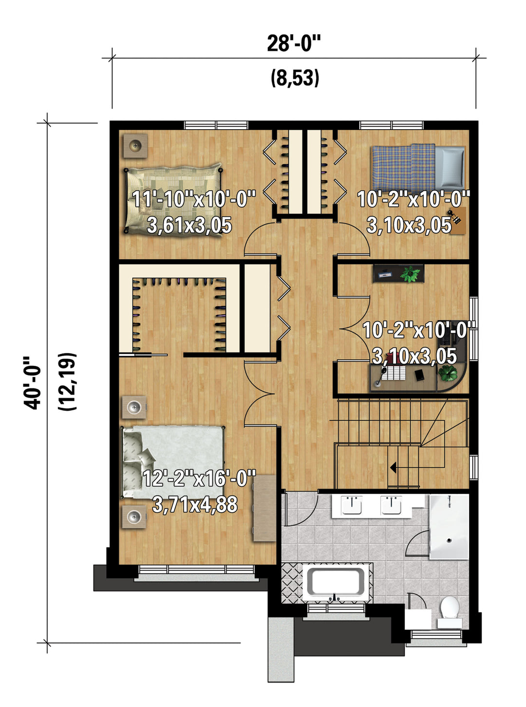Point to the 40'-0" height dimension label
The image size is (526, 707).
[x=32, y=382]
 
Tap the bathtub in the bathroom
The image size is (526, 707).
[x=338, y=583]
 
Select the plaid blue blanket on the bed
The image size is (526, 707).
[x=404, y=168]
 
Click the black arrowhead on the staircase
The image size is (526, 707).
[x=394, y=468]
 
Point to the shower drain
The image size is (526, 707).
[x=449, y=540]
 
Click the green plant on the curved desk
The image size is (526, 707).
[x=447, y=373]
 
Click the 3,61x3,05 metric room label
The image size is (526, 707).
[x=189, y=225]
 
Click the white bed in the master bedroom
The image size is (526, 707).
[x=173, y=462]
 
